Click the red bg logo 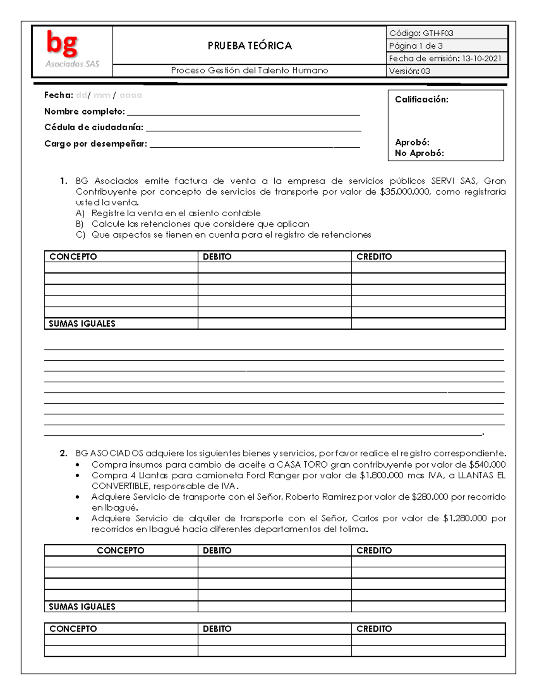pyautogui.click(x=62, y=44)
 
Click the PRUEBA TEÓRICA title pyautogui.click(x=249, y=46)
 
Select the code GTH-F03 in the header pyautogui.click(x=438, y=33)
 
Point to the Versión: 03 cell pyautogui.click(x=409, y=71)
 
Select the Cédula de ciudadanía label pyautogui.click(x=94, y=128)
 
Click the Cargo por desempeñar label pyautogui.click(x=95, y=144)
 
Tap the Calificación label pyautogui.click(x=421, y=100)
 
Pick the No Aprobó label pyautogui.click(x=419, y=153)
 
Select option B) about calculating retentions pyautogui.click(x=200, y=224)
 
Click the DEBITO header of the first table pyautogui.click(x=217, y=256)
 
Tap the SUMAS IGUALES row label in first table pyautogui.click(x=82, y=324)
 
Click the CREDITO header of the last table pyautogui.click(x=374, y=629)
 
